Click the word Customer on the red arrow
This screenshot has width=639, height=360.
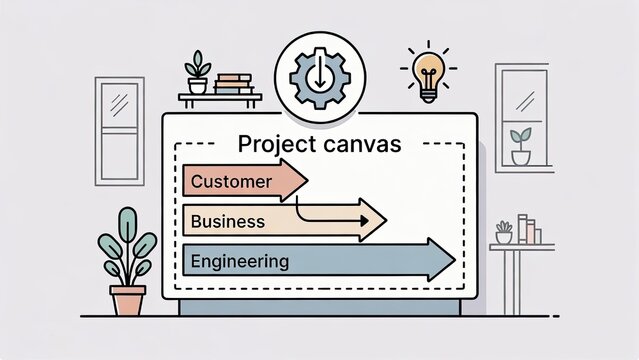pyautogui.click(x=230, y=182)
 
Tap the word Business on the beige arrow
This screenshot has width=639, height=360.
pyautogui.click(x=227, y=221)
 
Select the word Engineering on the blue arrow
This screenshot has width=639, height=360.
pyautogui.click(x=239, y=262)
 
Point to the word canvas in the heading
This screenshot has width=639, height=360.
pyautogui.click(x=364, y=144)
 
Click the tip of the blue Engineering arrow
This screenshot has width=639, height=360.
pyautogui.click(x=451, y=259)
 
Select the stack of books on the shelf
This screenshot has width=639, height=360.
pyautogui.click(x=233, y=83)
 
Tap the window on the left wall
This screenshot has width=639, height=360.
pyautogui.click(x=119, y=130)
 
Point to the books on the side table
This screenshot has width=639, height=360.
pyautogui.click(x=528, y=230)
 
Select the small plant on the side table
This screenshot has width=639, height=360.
pyautogui.click(x=504, y=232)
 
